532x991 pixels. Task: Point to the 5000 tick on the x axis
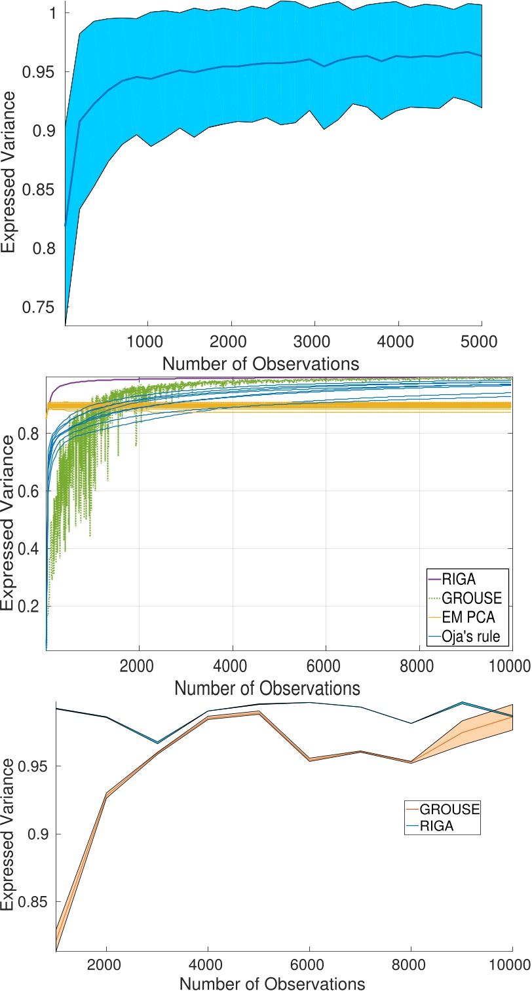point(482,344)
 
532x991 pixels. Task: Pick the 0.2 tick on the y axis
point(35,606)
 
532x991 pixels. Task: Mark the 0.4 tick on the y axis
point(35,548)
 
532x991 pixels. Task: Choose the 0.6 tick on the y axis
point(35,491)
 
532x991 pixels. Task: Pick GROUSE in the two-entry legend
point(449,810)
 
